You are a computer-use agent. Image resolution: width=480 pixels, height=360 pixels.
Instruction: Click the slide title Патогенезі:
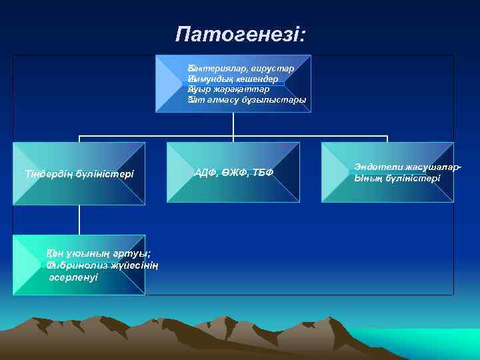click(x=241, y=33)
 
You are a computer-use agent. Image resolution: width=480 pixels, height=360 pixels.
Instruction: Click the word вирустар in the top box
click(x=275, y=69)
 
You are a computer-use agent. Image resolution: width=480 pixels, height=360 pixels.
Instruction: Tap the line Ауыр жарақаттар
click(x=228, y=89)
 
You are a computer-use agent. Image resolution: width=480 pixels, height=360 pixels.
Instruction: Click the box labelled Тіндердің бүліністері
click(x=79, y=173)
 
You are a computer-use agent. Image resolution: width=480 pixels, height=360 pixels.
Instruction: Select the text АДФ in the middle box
click(x=205, y=173)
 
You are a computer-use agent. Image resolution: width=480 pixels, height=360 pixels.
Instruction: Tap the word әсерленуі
click(x=73, y=277)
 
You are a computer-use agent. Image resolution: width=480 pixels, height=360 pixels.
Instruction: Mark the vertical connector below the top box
click(x=233, y=123)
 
